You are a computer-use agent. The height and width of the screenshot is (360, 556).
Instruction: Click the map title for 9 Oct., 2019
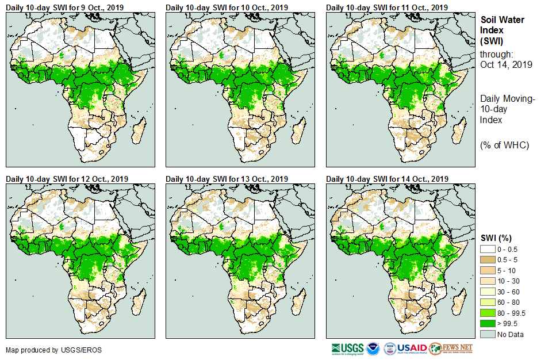pos(67,7)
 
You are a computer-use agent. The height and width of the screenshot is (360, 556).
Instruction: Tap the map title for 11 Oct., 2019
pos(387,7)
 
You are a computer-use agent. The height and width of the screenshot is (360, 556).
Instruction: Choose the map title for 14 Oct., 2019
pos(387,179)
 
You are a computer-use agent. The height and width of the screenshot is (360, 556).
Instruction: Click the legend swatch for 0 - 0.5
pos(488,248)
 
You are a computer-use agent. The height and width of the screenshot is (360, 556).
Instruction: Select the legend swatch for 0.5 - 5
pos(488,259)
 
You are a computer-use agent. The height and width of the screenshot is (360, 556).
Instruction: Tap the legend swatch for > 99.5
pos(488,324)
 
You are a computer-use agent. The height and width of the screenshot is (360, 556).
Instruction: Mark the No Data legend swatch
pos(488,335)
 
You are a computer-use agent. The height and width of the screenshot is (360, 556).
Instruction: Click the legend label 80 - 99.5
pos(512,313)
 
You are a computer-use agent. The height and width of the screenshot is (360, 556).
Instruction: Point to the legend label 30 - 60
pos(508,292)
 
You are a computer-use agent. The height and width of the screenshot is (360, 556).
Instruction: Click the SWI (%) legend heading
pos(496,238)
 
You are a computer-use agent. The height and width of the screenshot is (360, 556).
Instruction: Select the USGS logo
pos(347,348)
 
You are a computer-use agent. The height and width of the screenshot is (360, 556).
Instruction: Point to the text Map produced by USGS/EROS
pos(54,350)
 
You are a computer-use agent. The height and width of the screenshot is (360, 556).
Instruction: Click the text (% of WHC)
pos(504,145)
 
